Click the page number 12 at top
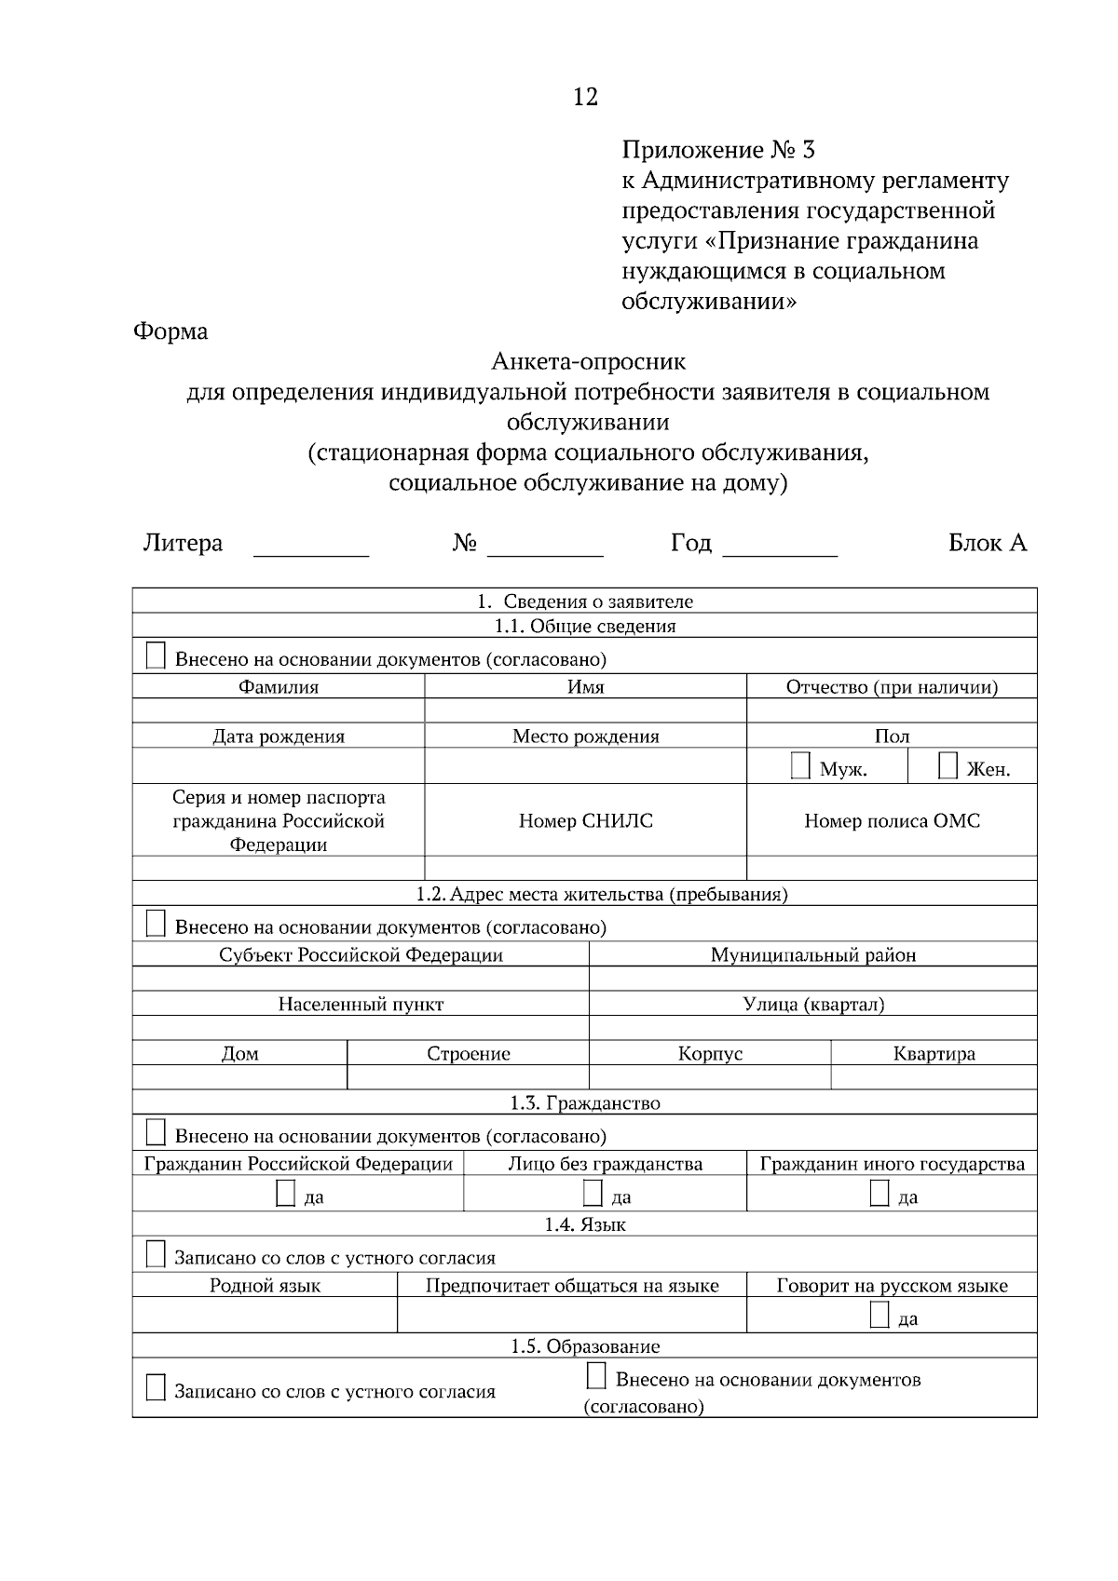(585, 97)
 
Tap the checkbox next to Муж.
(800, 766)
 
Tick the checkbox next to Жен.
(948, 766)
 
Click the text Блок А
(987, 543)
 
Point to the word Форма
(170, 331)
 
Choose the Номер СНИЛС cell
(585, 820)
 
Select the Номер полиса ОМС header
(892, 820)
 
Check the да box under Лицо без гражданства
(593, 1194)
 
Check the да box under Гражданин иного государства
(879, 1194)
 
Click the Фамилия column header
(278, 687)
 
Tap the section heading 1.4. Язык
(585, 1223)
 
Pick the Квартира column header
(934, 1053)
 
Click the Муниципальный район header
(812, 954)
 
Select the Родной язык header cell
(265, 1285)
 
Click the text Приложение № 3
(717, 150)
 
